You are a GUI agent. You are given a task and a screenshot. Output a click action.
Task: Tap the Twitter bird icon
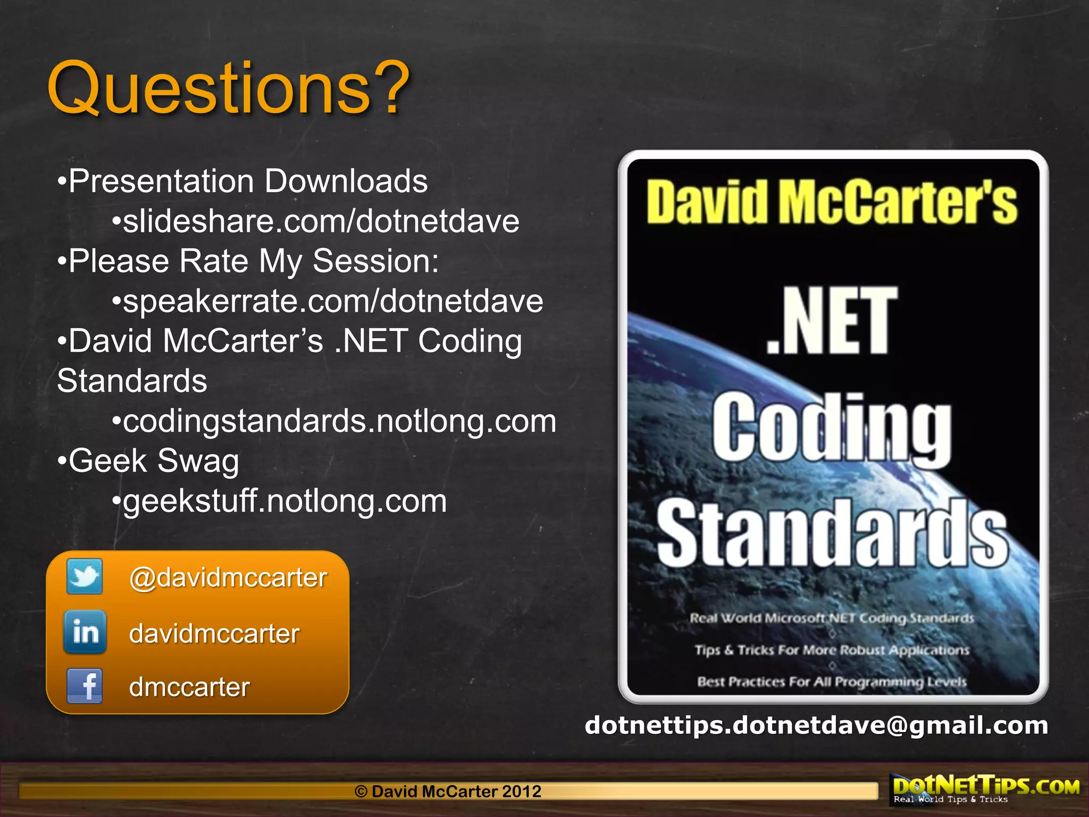click(85, 576)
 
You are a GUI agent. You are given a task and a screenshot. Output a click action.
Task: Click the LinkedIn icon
click(85, 632)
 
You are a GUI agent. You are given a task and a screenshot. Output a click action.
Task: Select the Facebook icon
click(85, 686)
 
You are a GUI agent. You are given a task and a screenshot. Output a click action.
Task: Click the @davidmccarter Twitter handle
click(228, 578)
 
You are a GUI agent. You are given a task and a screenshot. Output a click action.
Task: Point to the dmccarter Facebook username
click(189, 687)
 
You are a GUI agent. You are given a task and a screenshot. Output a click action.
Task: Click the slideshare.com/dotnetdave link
click(321, 221)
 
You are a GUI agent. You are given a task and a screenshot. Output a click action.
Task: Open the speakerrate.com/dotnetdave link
click(333, 301)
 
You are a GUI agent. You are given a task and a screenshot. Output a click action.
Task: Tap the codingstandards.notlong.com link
click(339, 421)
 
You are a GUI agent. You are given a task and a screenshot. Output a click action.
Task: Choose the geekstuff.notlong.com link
click(284, 501)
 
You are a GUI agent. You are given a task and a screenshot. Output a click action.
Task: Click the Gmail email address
click(816, 726)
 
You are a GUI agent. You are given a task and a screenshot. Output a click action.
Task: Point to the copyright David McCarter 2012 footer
click(448, 791)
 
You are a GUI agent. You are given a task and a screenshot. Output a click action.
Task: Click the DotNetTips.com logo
click(985, 789)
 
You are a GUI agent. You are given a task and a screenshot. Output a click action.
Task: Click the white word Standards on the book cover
click(832, 533)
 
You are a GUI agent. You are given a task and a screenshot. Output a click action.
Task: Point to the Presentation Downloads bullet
click(248, 181)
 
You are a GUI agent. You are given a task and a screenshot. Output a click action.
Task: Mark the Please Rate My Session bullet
click(254, 261)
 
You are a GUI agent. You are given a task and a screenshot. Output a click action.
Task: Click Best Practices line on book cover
click(832, 682)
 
